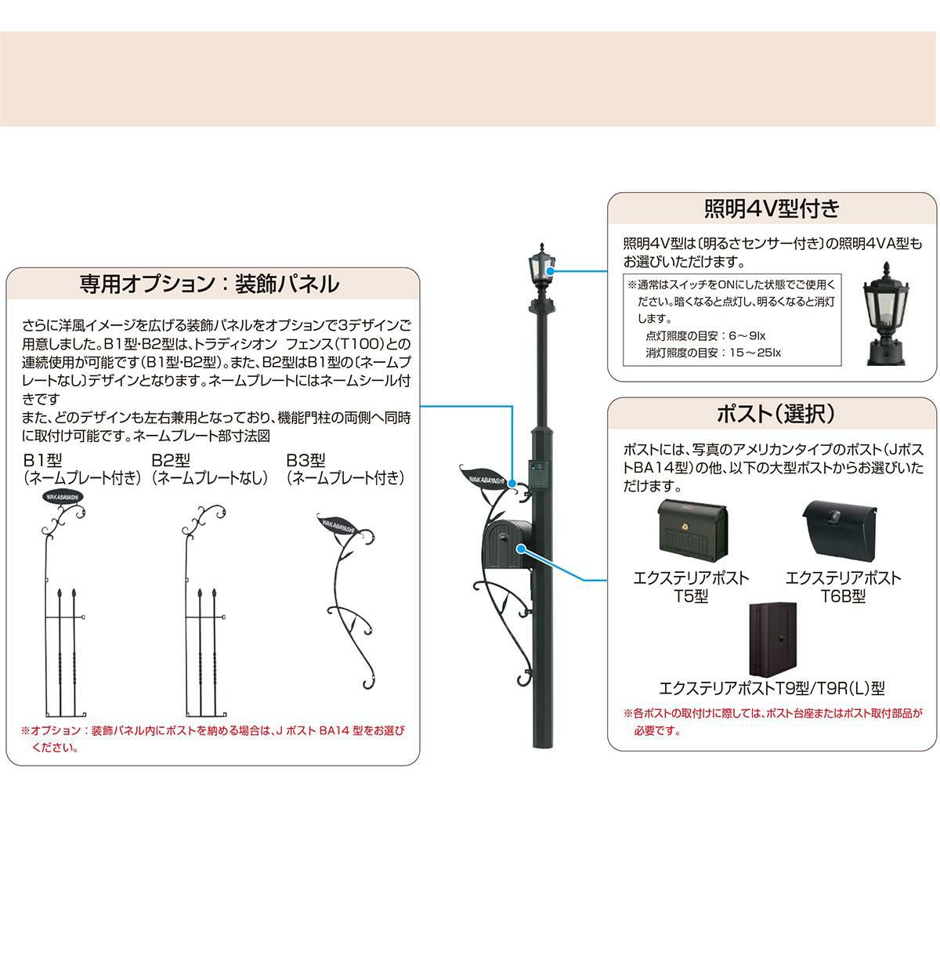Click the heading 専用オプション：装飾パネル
[x=209, y=284]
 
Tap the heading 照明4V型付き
[x=772, y=209]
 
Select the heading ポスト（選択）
[x=775, y=413]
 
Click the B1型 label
[x=42, y=460]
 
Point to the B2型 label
[x=171, y=460]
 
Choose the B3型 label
[x=306, y=460]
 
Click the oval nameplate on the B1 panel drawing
[x=63, y=496]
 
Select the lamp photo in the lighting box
[x=887, y=313]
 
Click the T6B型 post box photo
[x=840, y=529]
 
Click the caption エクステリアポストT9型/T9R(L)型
[x=772, y=688]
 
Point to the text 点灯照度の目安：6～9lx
[x=705, y=336]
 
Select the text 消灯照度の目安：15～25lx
[x=714, y=353]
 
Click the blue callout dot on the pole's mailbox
[x=522, y=549]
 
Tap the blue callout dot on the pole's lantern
[x=551, y=271]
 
